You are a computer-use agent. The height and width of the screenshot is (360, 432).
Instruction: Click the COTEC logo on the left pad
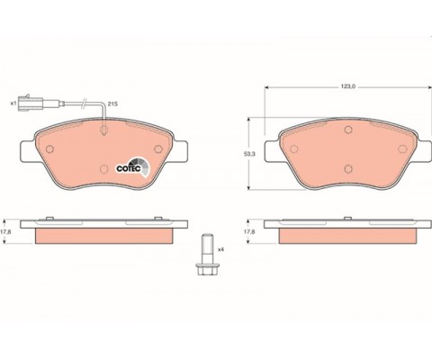pos(133,166)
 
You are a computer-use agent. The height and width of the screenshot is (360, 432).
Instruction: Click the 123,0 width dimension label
pos(348,86)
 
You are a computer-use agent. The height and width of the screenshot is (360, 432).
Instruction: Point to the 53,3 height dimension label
pos(249,154)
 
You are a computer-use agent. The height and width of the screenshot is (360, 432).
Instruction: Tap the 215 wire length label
pos(112,104)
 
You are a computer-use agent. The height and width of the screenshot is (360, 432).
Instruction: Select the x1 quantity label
pos(13,103)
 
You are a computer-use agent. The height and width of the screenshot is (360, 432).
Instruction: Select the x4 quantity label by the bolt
pos(221,249)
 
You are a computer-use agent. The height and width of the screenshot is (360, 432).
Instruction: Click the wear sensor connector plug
pos(31,103)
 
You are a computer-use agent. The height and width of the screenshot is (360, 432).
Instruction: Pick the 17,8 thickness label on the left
pos(4,231)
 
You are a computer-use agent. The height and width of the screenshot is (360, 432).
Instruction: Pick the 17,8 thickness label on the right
pos(247,231)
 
